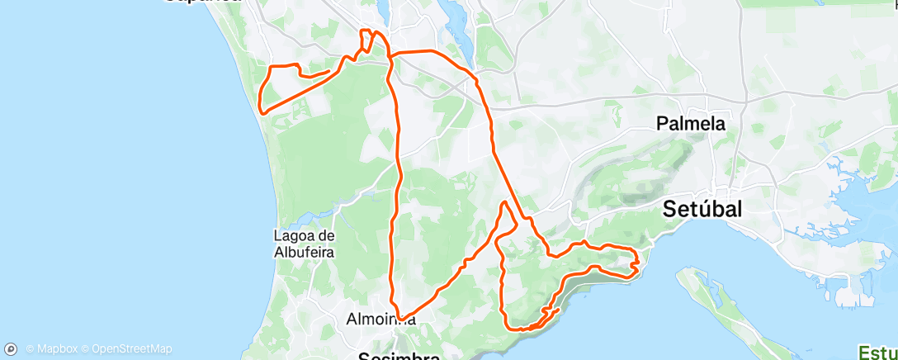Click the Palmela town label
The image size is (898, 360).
point(691,124)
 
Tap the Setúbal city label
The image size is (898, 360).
point(703,209)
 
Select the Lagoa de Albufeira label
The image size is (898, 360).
point(303,244)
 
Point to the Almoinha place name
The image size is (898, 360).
point(380,319)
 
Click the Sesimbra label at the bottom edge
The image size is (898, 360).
point(400,356)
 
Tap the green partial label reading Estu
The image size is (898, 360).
point(878,353)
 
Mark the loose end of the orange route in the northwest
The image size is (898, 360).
point(330,71)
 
